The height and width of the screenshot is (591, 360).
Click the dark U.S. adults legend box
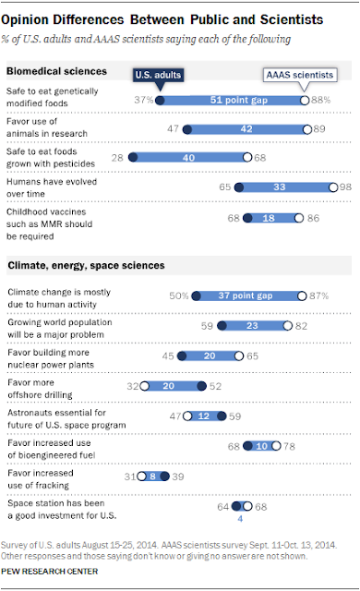pyautogui.click(x=158, y=75)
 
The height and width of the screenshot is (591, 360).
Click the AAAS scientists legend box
pyautogui.click(x=300, y=75)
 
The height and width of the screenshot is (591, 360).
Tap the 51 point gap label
pyautogui.click(x=239, y=100)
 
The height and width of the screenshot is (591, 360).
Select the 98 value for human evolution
pyautogui.click(x=345, y=187)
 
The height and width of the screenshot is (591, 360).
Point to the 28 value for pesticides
pyautogui.click(x=117, y=158)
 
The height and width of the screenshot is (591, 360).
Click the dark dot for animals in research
pyautogui.click(x=187, y=129)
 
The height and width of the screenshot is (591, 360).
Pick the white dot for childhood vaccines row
pyautogui.click(x=299, y=218)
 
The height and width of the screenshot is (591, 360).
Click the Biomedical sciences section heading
pyautogui.click(x=57, y=71)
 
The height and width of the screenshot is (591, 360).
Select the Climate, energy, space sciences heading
pyautogui.click(x=86, y=265)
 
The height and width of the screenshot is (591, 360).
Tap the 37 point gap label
pyautogui.click(x=246, y=295)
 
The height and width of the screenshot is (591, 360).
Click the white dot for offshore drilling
pyautogui.click(x=145, y=386)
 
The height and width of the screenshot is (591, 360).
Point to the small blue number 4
pyautogui.click(x=240, y=519)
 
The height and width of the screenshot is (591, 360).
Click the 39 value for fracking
pyautogui.click(x=178, y=476)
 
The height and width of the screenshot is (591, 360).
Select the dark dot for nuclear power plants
pyautogui.click(x=182, y=356)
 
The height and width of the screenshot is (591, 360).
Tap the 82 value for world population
pyautogui.click(x=301, y=326)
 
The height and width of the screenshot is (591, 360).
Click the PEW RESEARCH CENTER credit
pyautogui.click(x=49, y=572)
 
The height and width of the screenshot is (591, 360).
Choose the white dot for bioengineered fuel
pyautogui.click(x=276, y=446)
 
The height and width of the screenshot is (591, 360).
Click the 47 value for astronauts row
pyautogui.click(x=175, y=416)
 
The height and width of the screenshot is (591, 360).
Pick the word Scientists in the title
pyautogui.click(x=292, y=19)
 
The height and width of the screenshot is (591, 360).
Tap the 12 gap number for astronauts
pyautogui.click(x=204, y=416)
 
